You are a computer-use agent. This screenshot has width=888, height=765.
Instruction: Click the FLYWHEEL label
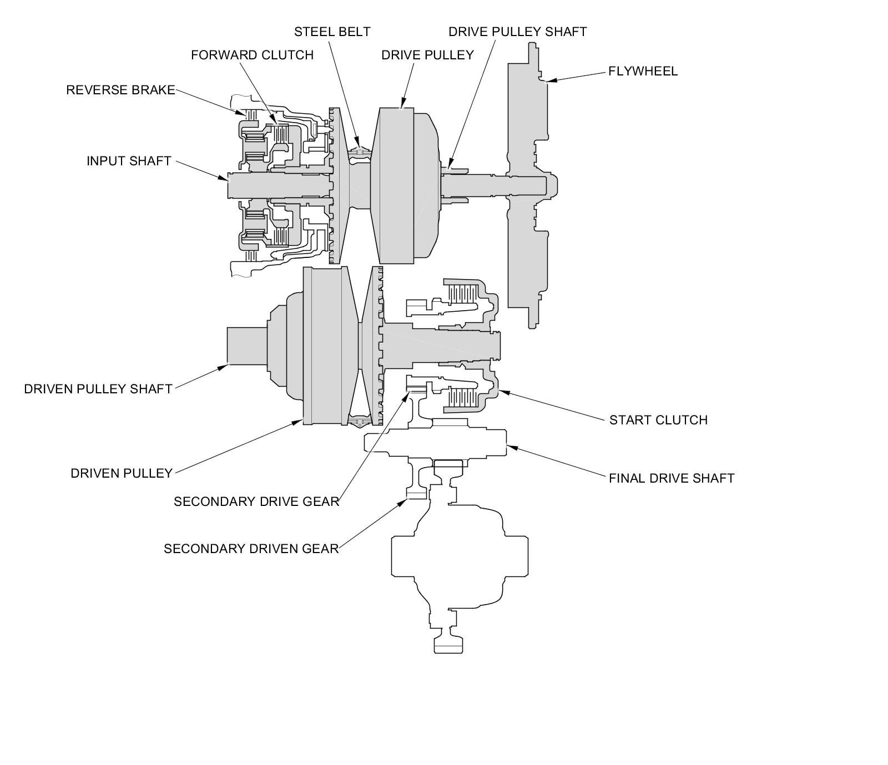click(643, 71)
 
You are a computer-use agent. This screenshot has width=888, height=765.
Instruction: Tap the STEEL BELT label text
click(332, 32)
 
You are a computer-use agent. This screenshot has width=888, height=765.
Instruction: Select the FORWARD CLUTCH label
click(252, 55)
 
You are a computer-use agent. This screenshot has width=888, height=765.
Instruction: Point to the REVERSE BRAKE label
click(120, 90)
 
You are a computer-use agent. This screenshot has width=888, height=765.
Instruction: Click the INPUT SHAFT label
click(128, 161)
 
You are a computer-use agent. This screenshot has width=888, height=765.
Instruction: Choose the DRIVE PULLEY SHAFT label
click(517, 32)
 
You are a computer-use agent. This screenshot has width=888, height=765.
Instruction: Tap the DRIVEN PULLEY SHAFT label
click(98, 389)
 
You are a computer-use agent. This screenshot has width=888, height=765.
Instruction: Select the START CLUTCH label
click(658, 420)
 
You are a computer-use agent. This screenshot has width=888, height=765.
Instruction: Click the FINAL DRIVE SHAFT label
click(672, 478)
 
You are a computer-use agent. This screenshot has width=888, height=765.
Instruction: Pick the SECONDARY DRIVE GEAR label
click(256, 501)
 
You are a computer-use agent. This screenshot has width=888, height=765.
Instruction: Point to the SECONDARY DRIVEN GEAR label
click(251, 549)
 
